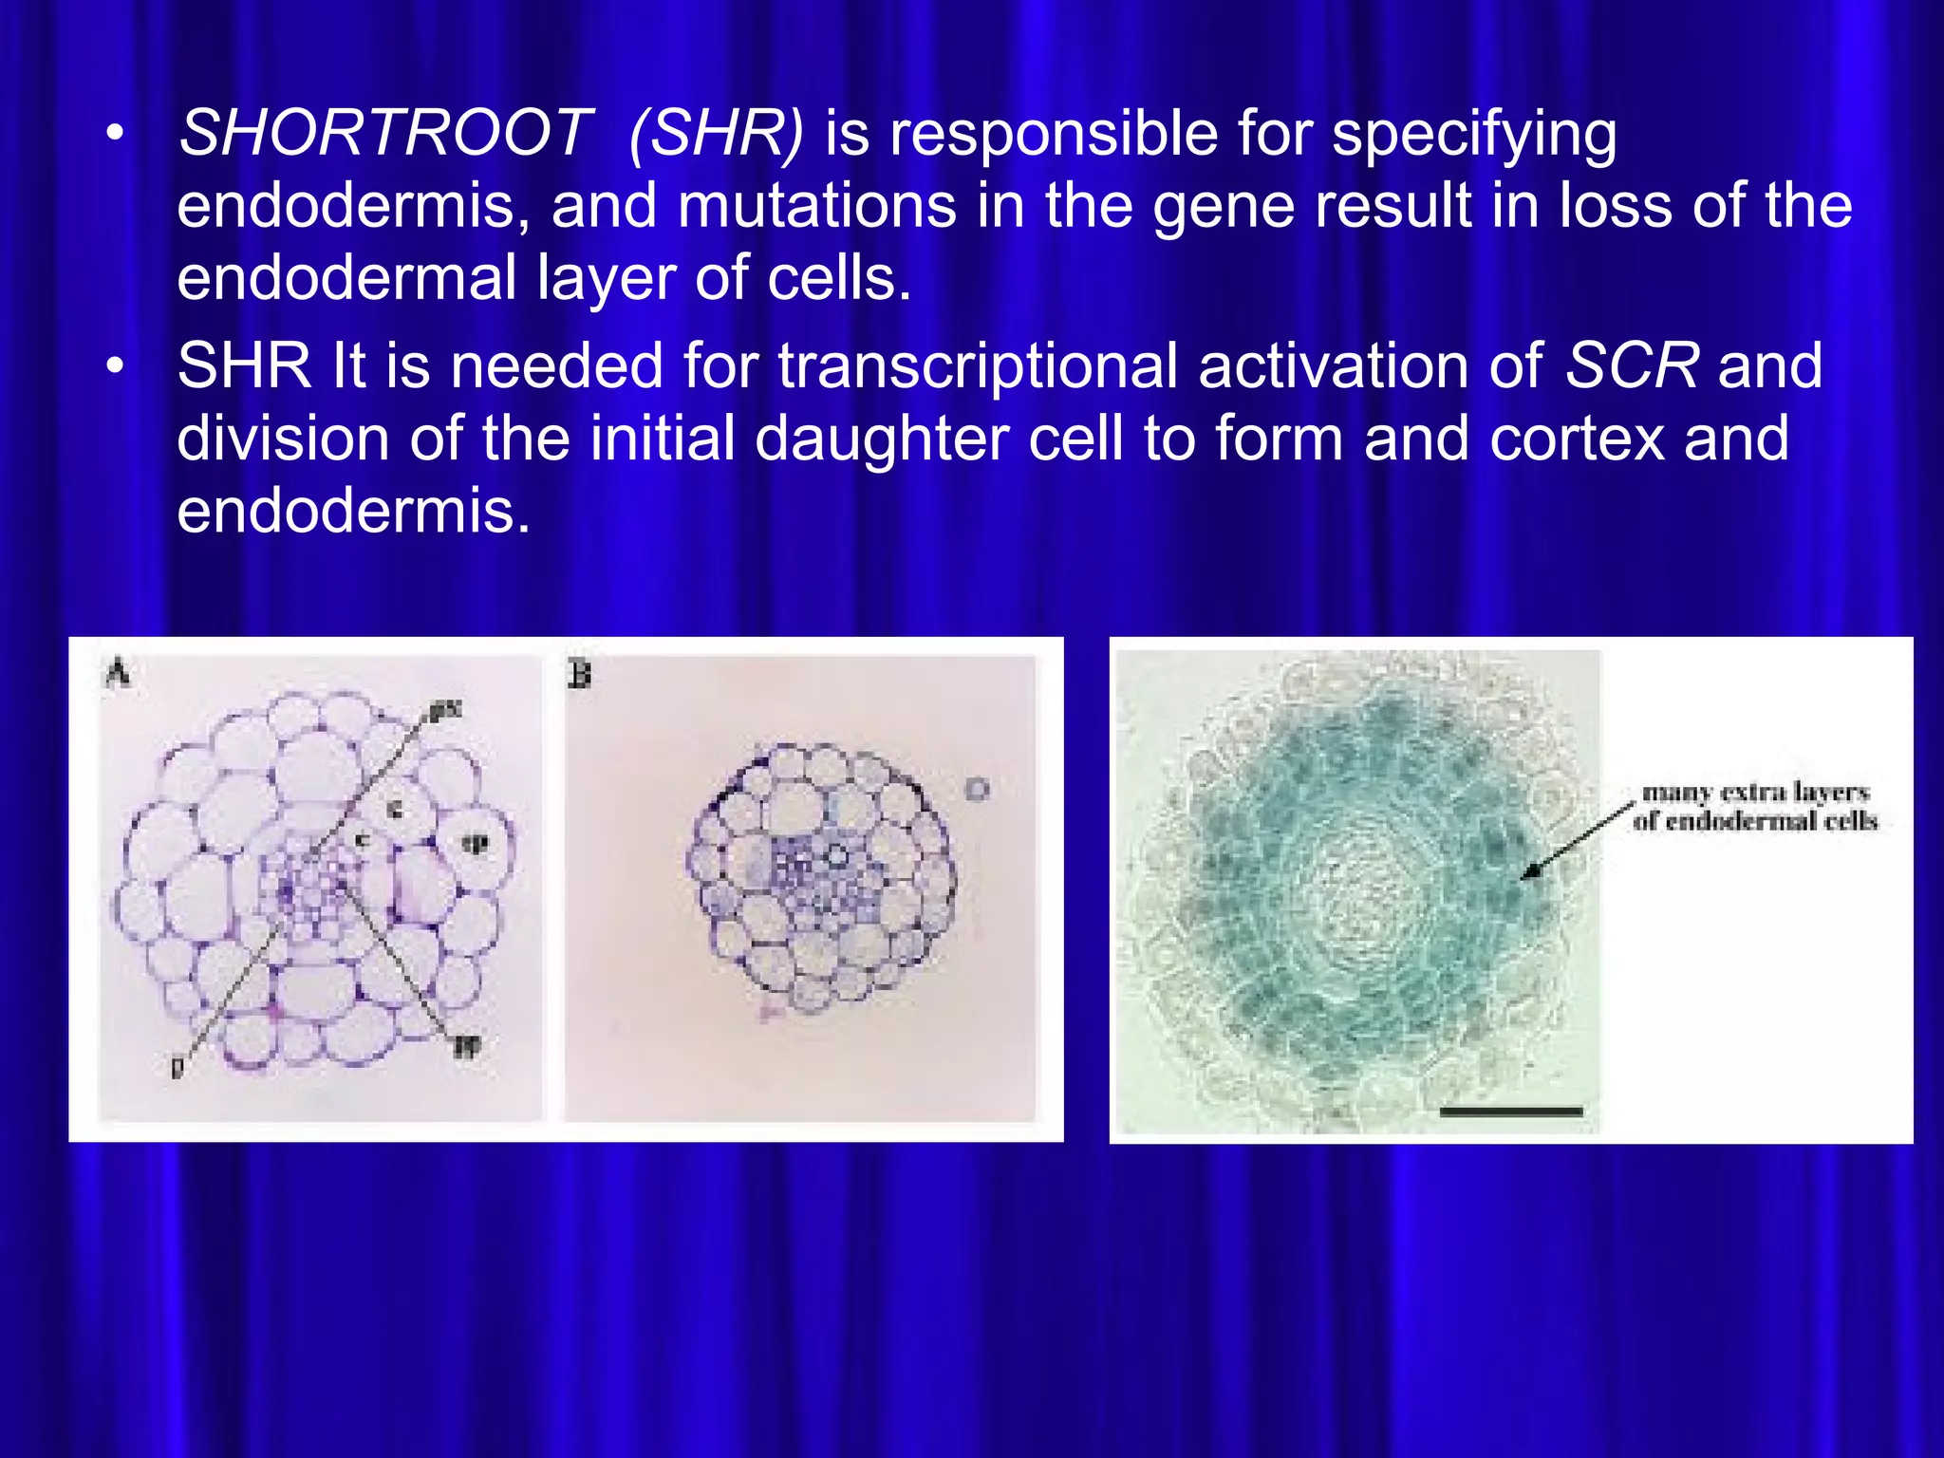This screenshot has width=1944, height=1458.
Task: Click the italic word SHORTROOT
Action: [x=385, y=133]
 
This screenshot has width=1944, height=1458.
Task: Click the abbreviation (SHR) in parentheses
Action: [x=716, y=133]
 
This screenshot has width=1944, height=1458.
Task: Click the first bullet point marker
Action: [x=115, y=135]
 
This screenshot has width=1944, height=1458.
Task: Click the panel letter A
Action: [x=118, y=674]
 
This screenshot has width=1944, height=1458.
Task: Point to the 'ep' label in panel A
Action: [x=475, y=843]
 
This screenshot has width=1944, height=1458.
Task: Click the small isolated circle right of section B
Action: [x=978, y=789]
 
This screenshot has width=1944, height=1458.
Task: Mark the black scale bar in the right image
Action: [x=1510, y=1111]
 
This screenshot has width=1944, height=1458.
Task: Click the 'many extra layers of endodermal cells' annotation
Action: [x=1755, y=806]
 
